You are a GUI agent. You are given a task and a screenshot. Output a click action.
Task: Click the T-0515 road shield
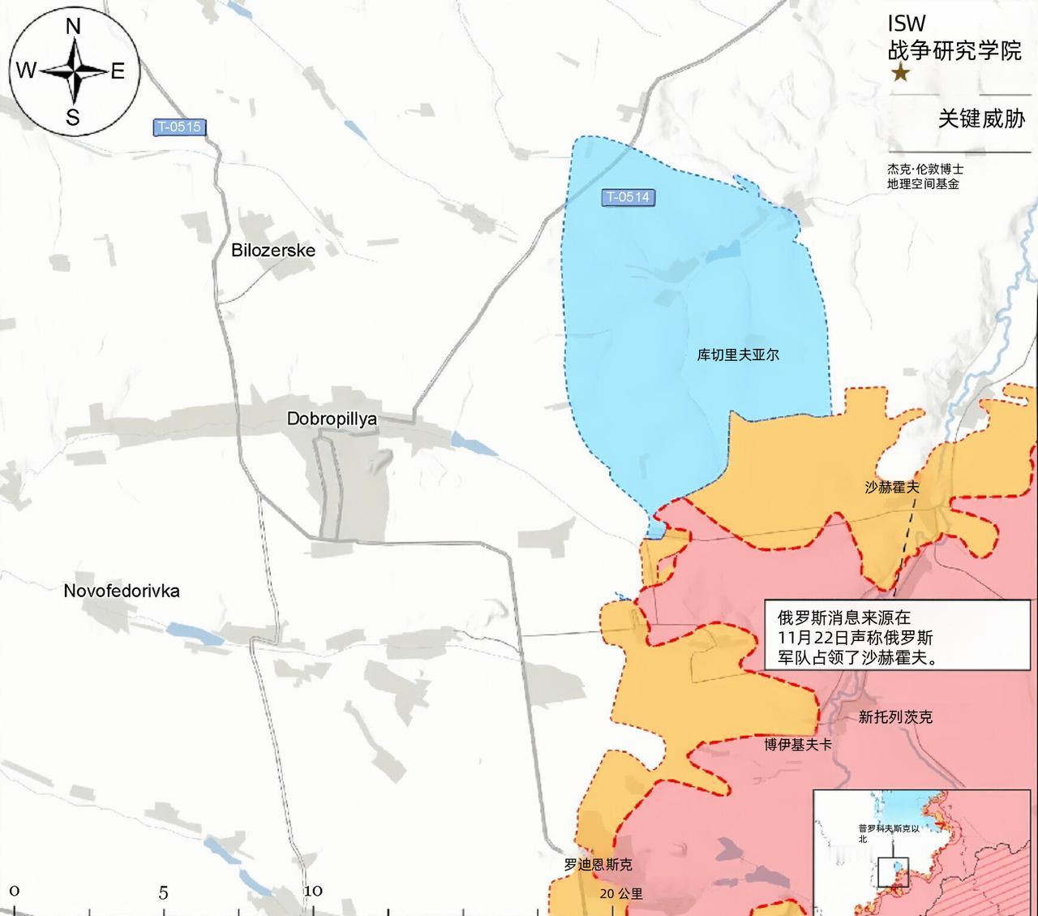point(179,127)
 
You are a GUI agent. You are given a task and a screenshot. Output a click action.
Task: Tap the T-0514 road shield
point(628,197)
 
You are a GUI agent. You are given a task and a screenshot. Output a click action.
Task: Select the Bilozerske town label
point(273,250)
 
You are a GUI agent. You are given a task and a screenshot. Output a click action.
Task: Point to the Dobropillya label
point(332,419)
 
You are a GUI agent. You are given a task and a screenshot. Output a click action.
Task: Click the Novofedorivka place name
point(122,591)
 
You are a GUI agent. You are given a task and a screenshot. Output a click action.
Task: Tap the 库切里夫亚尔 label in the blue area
point(738,355)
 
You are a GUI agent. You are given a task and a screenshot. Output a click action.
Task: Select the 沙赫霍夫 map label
point(892,487)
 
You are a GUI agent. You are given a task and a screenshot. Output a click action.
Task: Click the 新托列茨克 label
point(895,717)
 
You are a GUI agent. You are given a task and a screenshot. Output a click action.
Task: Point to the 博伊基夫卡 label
point(798,744)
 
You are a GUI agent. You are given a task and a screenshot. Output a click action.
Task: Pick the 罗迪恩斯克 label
point(598,865)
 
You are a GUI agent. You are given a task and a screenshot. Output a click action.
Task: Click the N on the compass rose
point(73,27)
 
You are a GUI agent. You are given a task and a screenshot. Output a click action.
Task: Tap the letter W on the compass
point(26,71)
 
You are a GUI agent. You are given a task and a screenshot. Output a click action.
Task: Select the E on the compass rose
point(118,71)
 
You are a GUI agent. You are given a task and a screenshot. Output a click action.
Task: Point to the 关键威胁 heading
point(981,118)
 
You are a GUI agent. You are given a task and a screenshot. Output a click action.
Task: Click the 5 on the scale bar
point(163,893)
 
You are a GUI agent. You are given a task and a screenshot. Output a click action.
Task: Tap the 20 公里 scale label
point(621,893)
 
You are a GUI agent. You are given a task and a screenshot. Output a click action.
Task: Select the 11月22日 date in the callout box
point(805,638)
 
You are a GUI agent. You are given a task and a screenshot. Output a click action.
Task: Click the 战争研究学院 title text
point(954,51)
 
